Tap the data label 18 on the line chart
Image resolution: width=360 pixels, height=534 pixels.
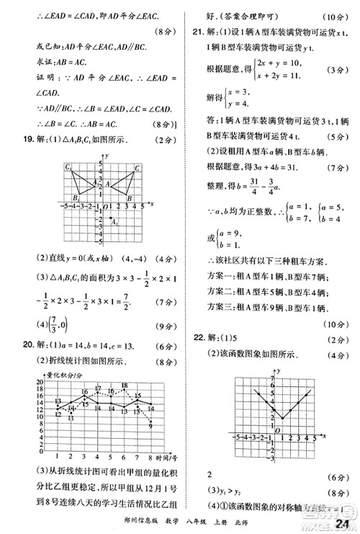pos(125,386)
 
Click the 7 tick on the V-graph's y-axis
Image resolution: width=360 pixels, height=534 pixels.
pos(272,378)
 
